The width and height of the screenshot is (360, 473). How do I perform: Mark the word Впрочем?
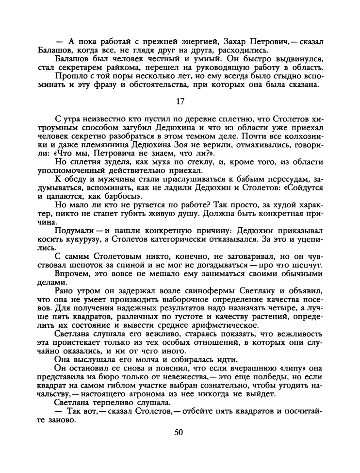pyautogui.click(x=72, y=275)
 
